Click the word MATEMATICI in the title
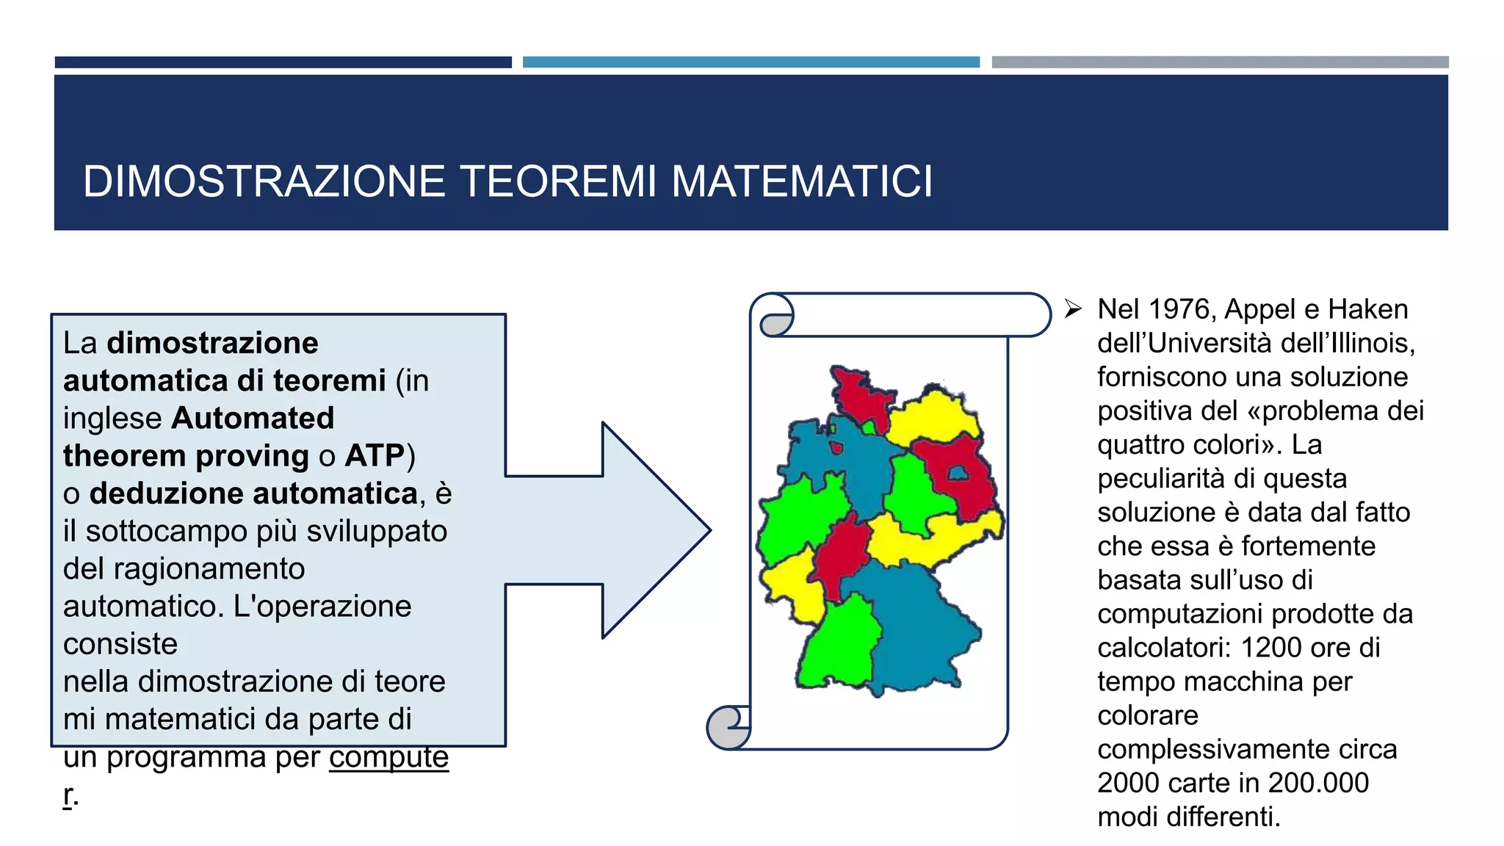[801, 181]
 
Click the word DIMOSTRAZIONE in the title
[264, 181]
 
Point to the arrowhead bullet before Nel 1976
[1073, 309]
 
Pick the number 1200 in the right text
[1271, 648]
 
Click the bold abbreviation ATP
[375, 456]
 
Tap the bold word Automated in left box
[253, 419]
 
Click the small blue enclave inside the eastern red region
[958, 473]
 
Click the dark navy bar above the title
[283, 62]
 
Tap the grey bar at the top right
[1219, 62]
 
